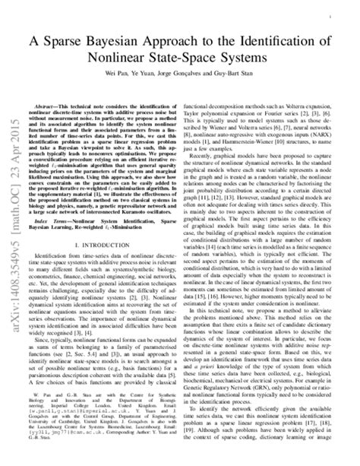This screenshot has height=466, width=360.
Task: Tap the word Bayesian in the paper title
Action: (134, 37)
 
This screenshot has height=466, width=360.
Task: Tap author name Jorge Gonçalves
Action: (194, 77)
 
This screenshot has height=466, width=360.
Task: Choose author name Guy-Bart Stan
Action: (248, 77)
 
